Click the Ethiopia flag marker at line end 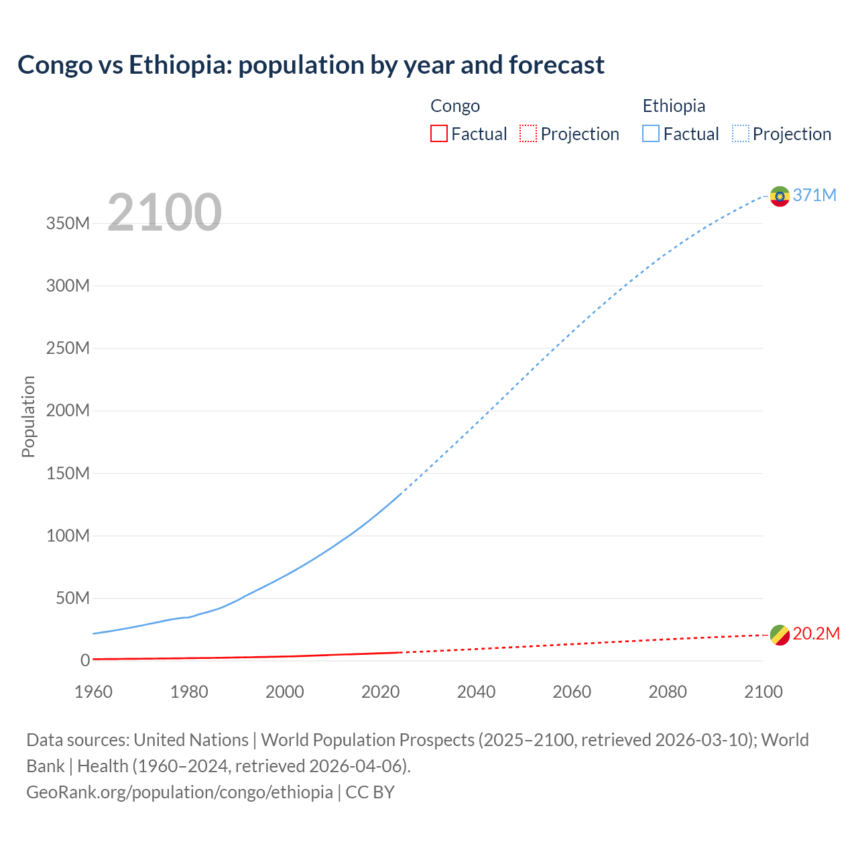(780, 196)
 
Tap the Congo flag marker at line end (780, 635)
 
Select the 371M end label (814, 195)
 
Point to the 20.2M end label (816, 634)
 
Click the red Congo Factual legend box (438, 134)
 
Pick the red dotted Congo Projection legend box (528, 134)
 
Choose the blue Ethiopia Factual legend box (650, 134)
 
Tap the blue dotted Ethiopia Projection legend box (741, 134)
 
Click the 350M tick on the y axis (68, 223)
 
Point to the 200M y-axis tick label (68, 411)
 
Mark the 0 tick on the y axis (84, 661)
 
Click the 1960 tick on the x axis (94, 692)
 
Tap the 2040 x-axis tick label (476, 692)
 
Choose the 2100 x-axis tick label (763, 692)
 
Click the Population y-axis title (28, 416)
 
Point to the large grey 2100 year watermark (164, 212)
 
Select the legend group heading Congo (454, 106)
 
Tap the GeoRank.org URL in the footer (180, 792)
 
